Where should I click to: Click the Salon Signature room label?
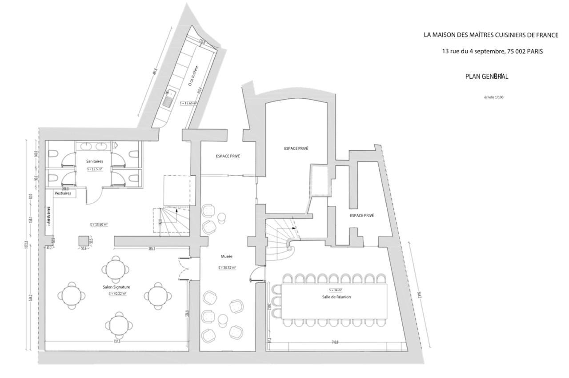tap(116, 287)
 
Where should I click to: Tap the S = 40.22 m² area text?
tap(117, 294)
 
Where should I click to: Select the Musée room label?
tap(227, 257)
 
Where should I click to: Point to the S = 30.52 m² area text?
tap(227, 268)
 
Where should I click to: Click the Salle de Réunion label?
tap(336, 297)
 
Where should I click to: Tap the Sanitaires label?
tap(94, 162)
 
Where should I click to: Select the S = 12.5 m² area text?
tap(94, 169)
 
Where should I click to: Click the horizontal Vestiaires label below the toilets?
tap(63, 193)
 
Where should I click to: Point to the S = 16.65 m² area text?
tap(188, 103)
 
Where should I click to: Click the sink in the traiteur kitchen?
tap(168, 100)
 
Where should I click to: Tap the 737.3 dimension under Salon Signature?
tap(117, 342)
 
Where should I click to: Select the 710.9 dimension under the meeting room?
tap(334, 342)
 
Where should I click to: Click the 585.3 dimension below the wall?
tap(152, 249)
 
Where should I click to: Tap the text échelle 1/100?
tap(493, 97)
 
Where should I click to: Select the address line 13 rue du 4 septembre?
tap(492, 51)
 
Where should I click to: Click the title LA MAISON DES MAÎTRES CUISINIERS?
tap(491, 35)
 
